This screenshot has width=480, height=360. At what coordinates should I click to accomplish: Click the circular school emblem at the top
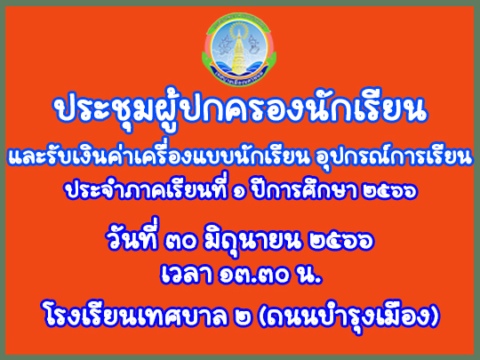pyautogui.click(x=239, y=49)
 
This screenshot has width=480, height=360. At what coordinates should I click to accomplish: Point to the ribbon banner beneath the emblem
pyautogui.click(x=239, y=78)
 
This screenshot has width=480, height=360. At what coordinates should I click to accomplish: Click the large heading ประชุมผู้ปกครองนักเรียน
pyautogui.click(x=240, y=109)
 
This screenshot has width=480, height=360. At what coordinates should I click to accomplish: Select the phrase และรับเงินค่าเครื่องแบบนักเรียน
pyautogui.click(x=157, y=156)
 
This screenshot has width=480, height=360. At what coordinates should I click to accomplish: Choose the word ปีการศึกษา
pyautogui.click(x=305, y=189)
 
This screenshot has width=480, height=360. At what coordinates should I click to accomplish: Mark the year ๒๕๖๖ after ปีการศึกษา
pyautogui.click(x=388, y=192)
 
